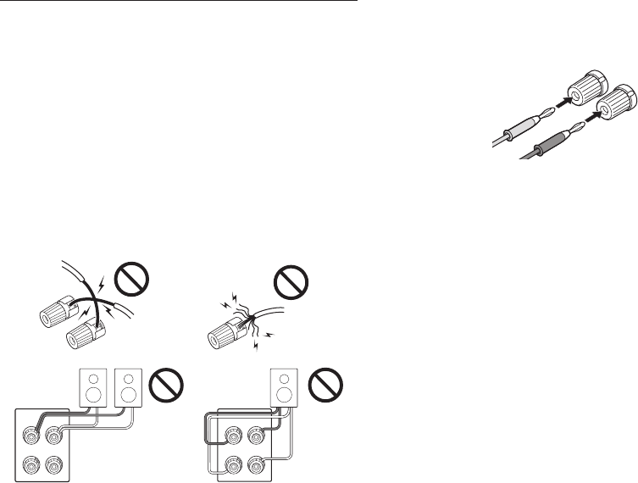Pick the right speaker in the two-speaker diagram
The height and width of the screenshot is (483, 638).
[127, 388]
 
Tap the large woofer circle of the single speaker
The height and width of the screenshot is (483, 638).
[282, 395]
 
